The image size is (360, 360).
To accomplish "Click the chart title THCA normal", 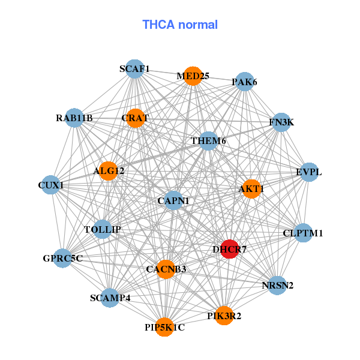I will pyautogui.click(x=180, y=25).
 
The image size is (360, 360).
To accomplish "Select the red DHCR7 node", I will pyautogui.click(x=230, y=248).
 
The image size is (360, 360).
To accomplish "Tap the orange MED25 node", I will pyautogui.click(x=193, y=76).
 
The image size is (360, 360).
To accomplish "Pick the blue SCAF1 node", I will pyautogui.click(x=135, y=69).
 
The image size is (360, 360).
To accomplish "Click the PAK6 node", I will pyautogui.click(x=244, y=82).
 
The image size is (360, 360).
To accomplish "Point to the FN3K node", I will pyautogui.click(x=281, y=122).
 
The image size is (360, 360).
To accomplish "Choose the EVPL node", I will pyautogui.click(x=308, y=172).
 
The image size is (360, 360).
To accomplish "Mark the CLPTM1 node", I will pyautogui.click(x=302, y=233).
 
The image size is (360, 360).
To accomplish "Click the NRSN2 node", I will pyautogui.click(x=278, y=284).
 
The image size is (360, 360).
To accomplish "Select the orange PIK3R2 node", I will pyautogui.click(x=224, y=316).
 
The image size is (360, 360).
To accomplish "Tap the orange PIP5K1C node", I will pyautogui.click(x=164, y=327).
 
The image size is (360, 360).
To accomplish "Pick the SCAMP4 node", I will pyautogui.click(x=110, y=298).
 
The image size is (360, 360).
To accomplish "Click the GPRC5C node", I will pyautogui.click(x=62, y=259).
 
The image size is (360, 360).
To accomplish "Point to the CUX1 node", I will pyautogui.click(x=50, y=185).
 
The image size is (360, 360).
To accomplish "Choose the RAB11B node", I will pyautogui.click(x=74, y=118).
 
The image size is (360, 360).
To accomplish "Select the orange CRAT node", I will pyautogui.click(x=135, y=118).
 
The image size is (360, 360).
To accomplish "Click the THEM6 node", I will pyautogui.click(x=208, y=141).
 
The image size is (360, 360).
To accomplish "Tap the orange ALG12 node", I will pyautogui.click(x=109, y=171).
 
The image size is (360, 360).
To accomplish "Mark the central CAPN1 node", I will pyautogui.click(x=173, y=200).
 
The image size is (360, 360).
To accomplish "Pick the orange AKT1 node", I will pyautogui.click(x=251, y=189).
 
